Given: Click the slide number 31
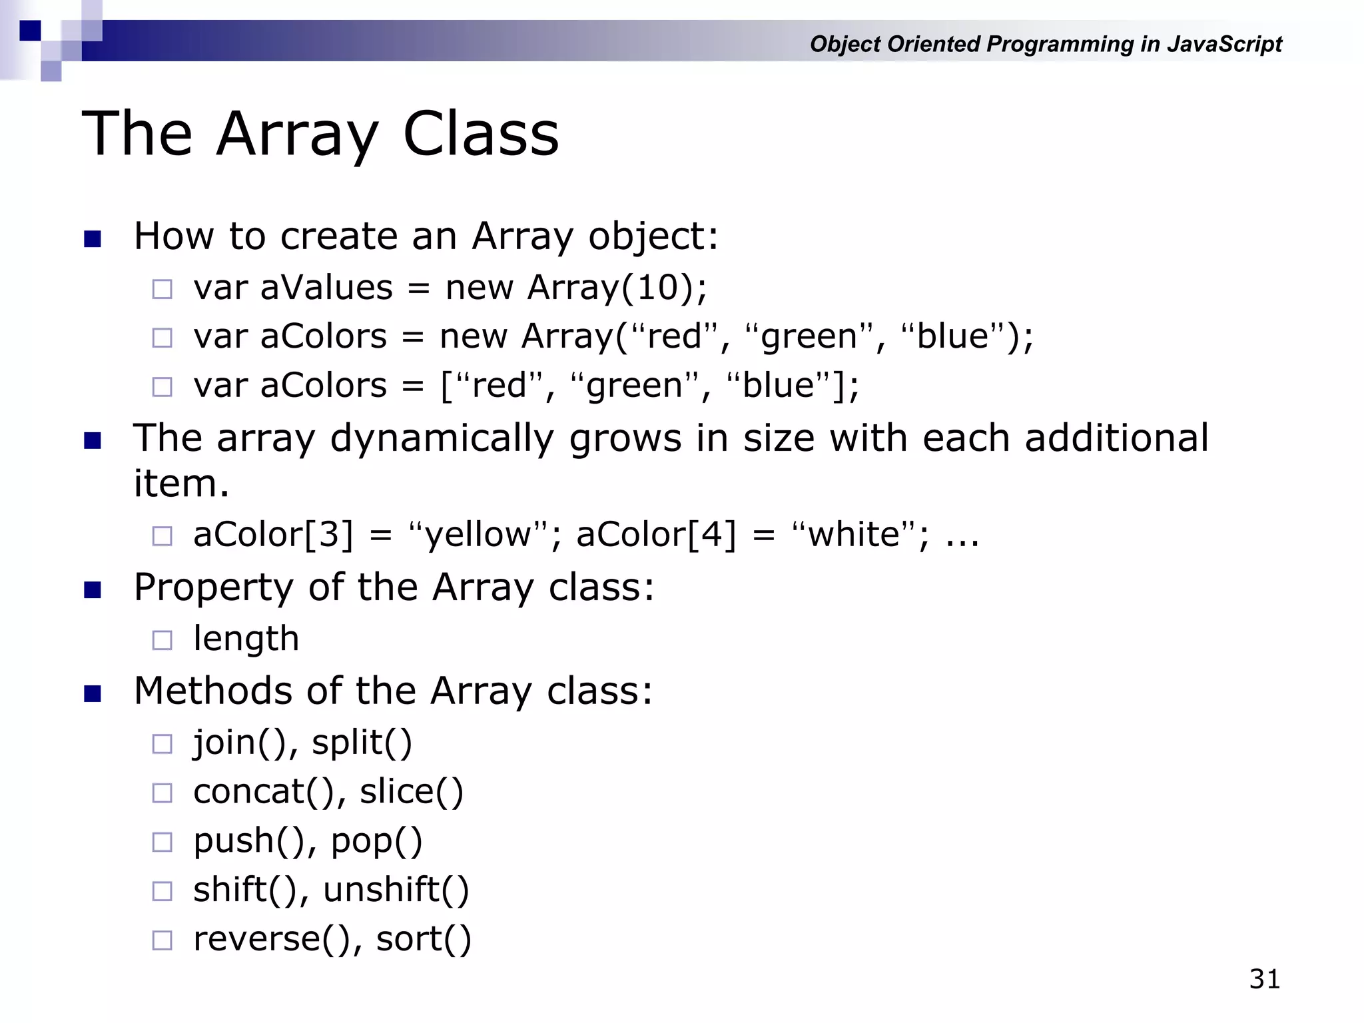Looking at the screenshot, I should (1264, 979).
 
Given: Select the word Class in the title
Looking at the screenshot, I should (481, 134).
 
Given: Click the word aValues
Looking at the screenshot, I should (326, 288).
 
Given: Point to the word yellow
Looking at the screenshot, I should (478, 535).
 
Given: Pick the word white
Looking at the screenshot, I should (854, 535).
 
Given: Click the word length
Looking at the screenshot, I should (246, 639).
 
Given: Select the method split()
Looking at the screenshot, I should (362, 743).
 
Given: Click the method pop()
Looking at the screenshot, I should (376, 842).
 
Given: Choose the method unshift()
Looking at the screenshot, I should (396, 890).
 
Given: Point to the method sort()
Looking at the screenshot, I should (424, 940).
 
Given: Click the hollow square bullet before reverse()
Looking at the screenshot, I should (162, 940).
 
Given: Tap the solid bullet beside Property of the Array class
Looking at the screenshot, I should (93, 590).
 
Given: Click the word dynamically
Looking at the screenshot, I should (442, 438).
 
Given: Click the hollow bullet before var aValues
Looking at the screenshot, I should (162, 289).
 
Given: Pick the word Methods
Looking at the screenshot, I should (212, 691).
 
